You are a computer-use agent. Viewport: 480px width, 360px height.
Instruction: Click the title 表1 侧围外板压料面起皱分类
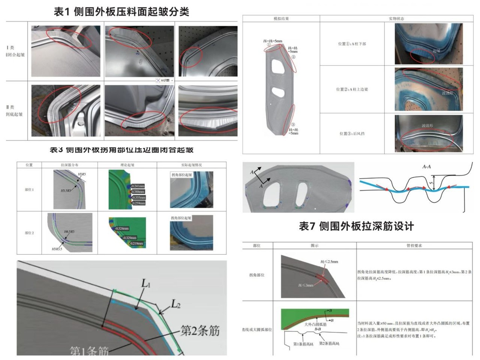pyautogui.click(x=121, y=12)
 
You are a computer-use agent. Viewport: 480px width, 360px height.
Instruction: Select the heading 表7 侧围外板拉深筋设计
pyautogui.click(x=356, y=226)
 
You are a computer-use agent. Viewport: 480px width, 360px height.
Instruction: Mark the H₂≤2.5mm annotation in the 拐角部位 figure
pyautogui.click(x=318, y=261)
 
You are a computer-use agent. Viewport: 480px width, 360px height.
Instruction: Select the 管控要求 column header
pyautogui.click(x=415, y=245)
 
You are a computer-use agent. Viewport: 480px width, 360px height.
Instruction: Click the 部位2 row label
pyautogui.click(x=29, y=232)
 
